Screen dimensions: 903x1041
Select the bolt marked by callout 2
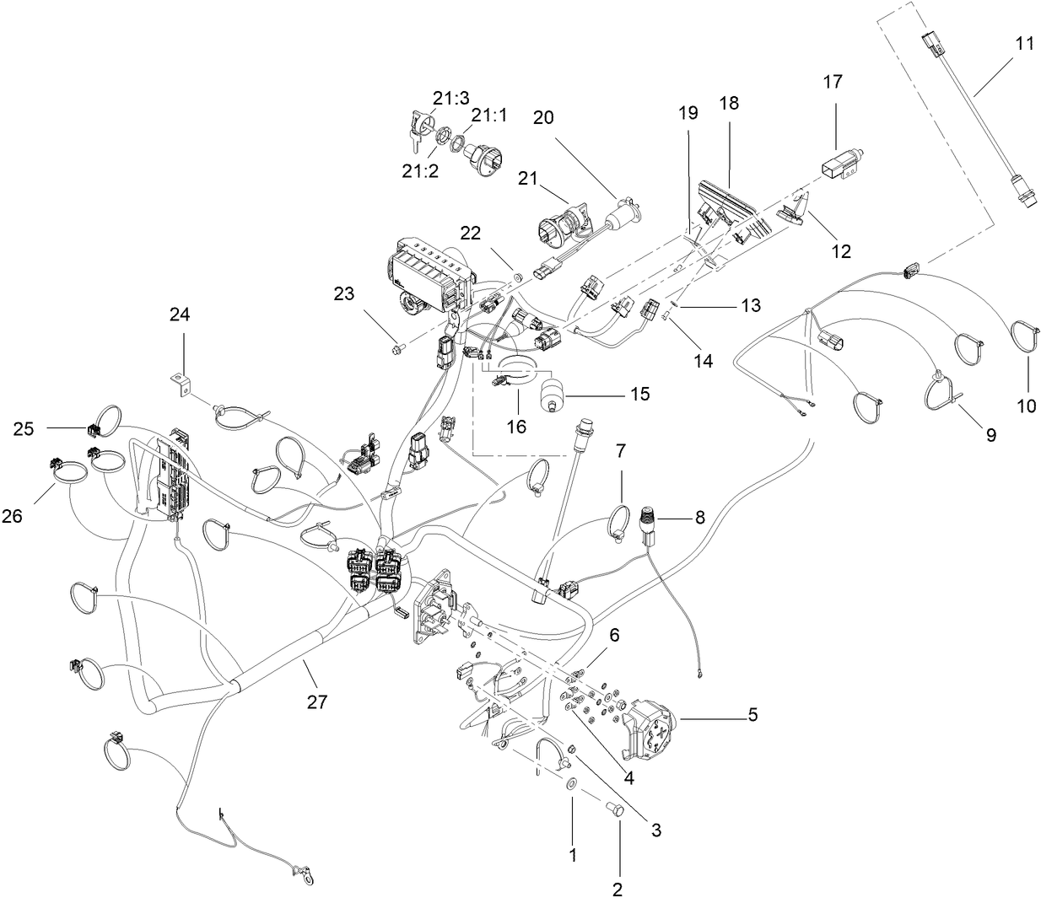tap(615, 809)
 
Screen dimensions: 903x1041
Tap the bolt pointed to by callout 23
tap(398, 346)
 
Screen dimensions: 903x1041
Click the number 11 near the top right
tap(1023, 44)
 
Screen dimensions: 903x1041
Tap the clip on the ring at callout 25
tap(94, 428)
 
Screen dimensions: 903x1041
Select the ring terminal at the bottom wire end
tap(310, 879)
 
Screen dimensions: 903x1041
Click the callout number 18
tap(728, 103)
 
